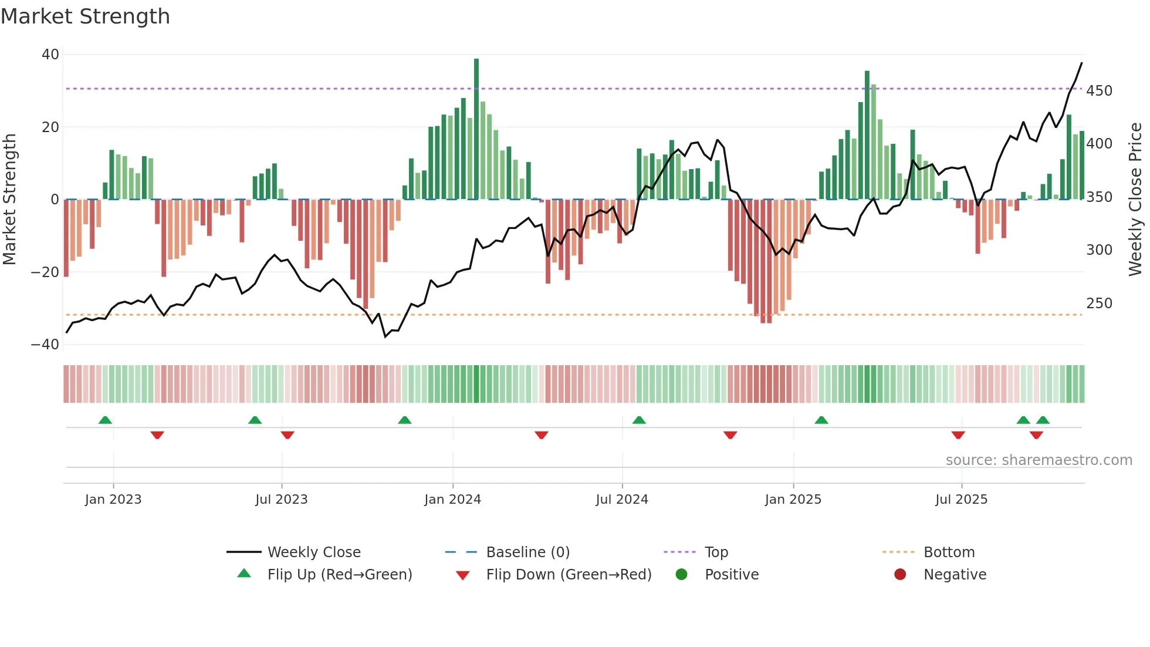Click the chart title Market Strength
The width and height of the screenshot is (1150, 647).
pyautogui.click(x=85, y=16)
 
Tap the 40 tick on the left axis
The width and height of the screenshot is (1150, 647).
pyautogui.click(x=50, y=55)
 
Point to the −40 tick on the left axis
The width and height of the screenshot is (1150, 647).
pyautogui.click(x=45, y=345)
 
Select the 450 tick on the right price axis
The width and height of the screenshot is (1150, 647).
pyautogui.click(x=1099, y=91)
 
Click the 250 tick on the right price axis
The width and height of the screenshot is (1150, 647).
pyautogui.click(x=1099, y=304)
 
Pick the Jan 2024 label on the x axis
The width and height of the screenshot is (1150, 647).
pyautogui.click(x=452, y=500)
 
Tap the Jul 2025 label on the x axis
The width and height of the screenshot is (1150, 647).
pyautogui.click(x=961, y=500)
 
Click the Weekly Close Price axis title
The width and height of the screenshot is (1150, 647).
pyautogui.click(x=1135, y=200)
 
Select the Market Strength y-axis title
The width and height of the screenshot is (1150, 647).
pyautogui.click(x=10, y=200)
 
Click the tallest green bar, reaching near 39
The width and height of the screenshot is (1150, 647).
pyautogui.click(x=476, y=129)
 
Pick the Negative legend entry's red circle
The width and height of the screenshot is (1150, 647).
pyautogui.click(x=900, y=575)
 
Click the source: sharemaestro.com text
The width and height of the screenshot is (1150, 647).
pyautogui.click(x=1039, y=460)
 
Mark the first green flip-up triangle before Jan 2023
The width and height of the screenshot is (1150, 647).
pyautogui.click(x=105, y=420)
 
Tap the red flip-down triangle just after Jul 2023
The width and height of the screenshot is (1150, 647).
pyautogui.click(x=287, y=435)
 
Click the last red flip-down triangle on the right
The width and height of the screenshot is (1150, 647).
pyautogui.click(x=1036, y=435)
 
